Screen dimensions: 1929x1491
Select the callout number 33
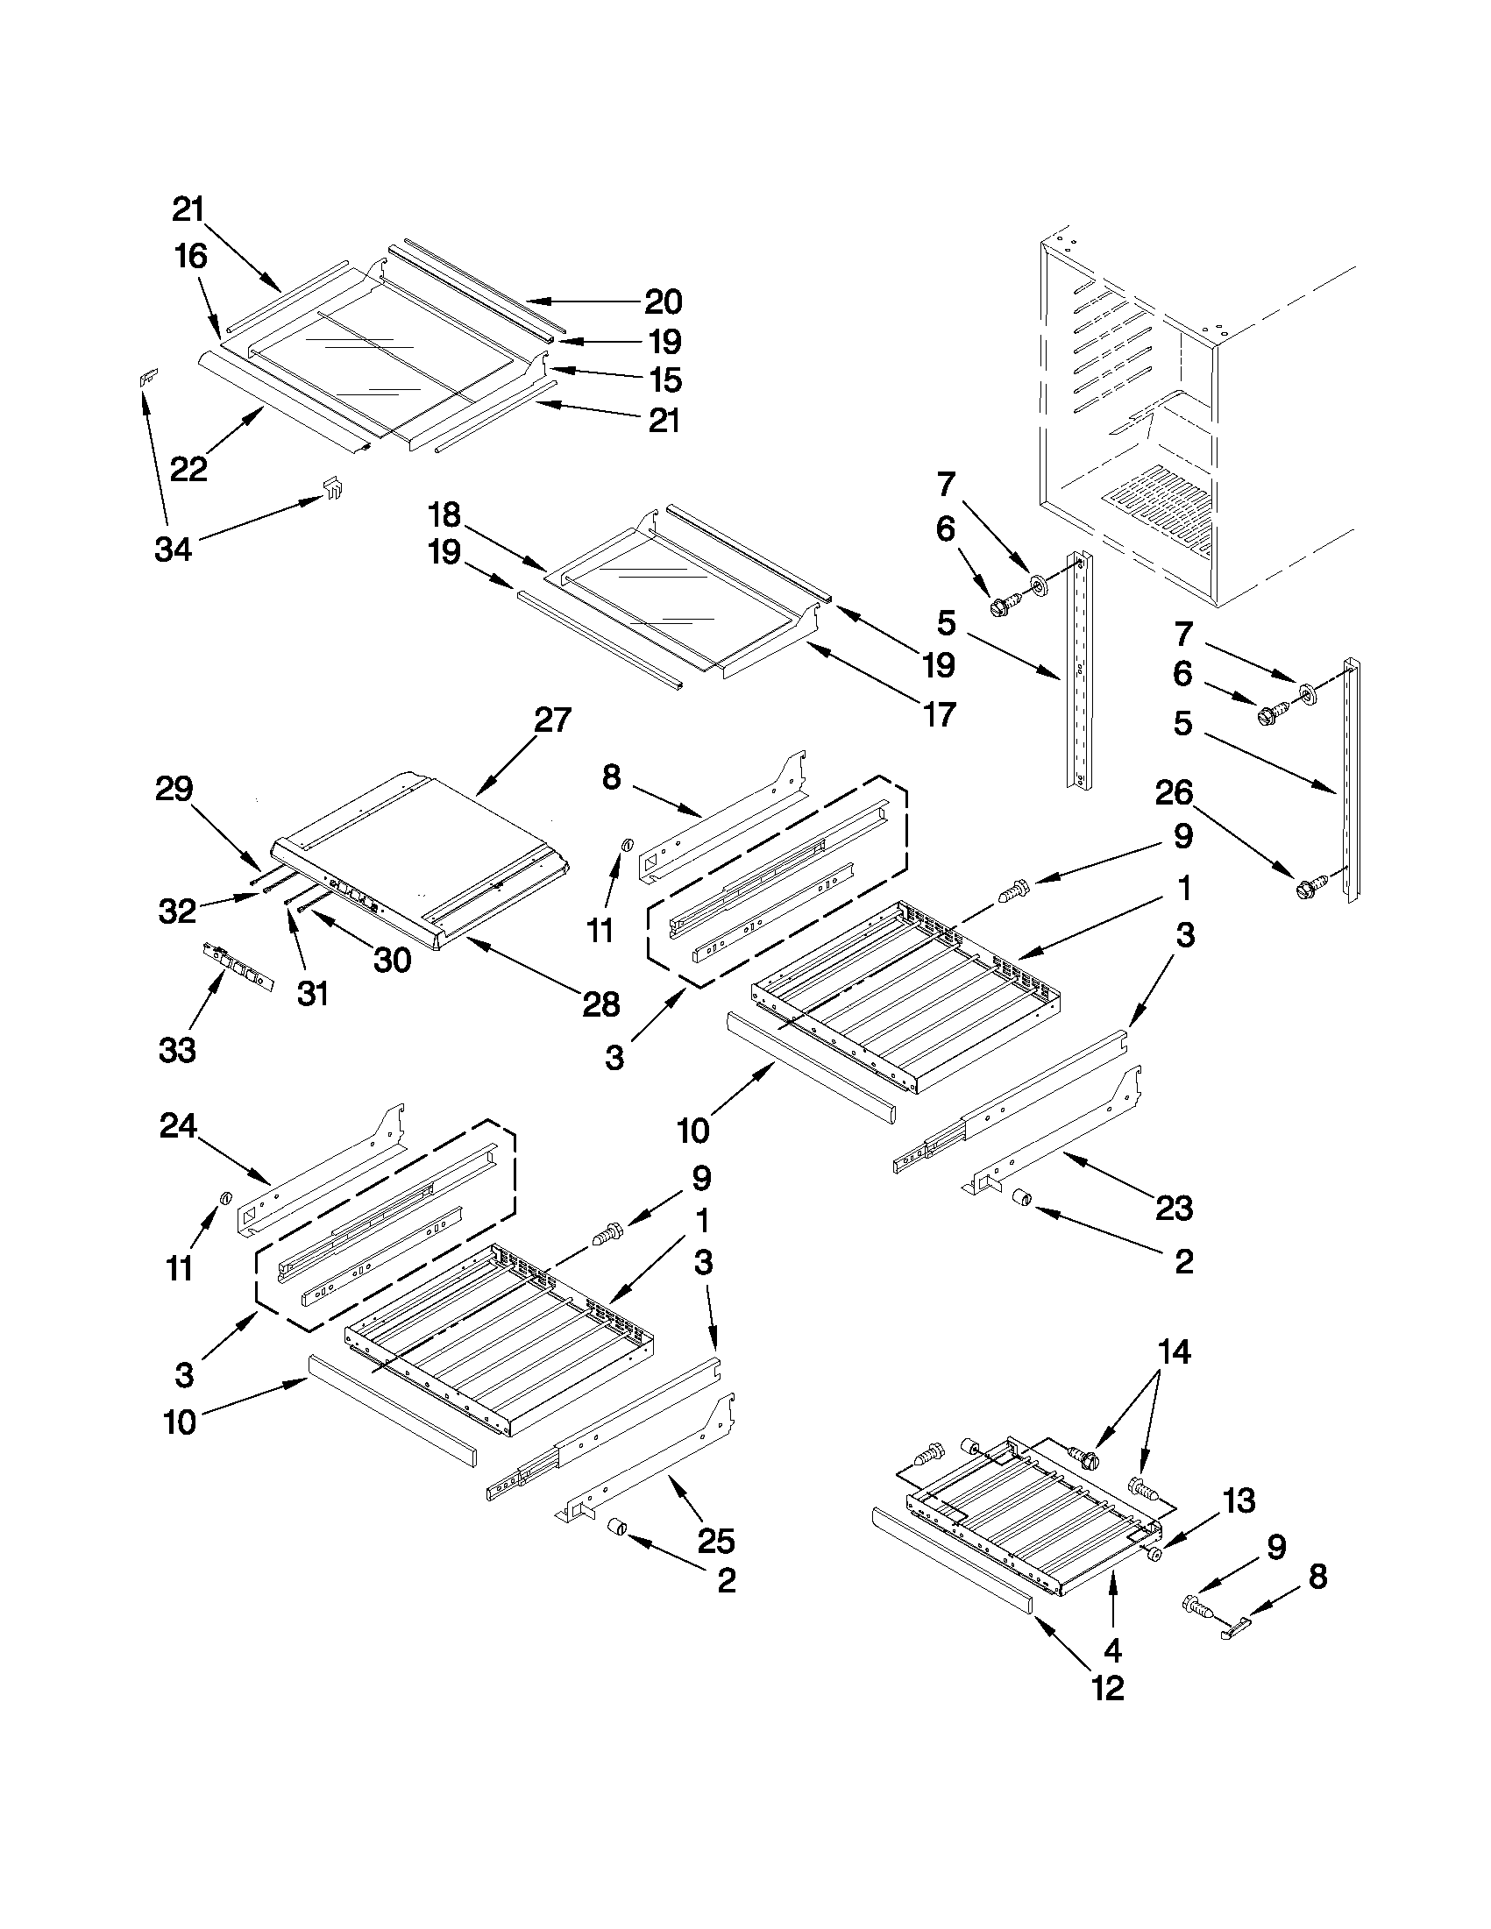pos(177,1050)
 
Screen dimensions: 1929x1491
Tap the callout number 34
pos(173,550)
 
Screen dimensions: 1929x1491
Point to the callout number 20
pos(664,302)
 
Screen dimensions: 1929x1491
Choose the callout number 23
pos(1174,1208)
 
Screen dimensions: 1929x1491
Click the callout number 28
pos(601,1004)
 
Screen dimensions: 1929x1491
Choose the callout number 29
pos(174,788)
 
